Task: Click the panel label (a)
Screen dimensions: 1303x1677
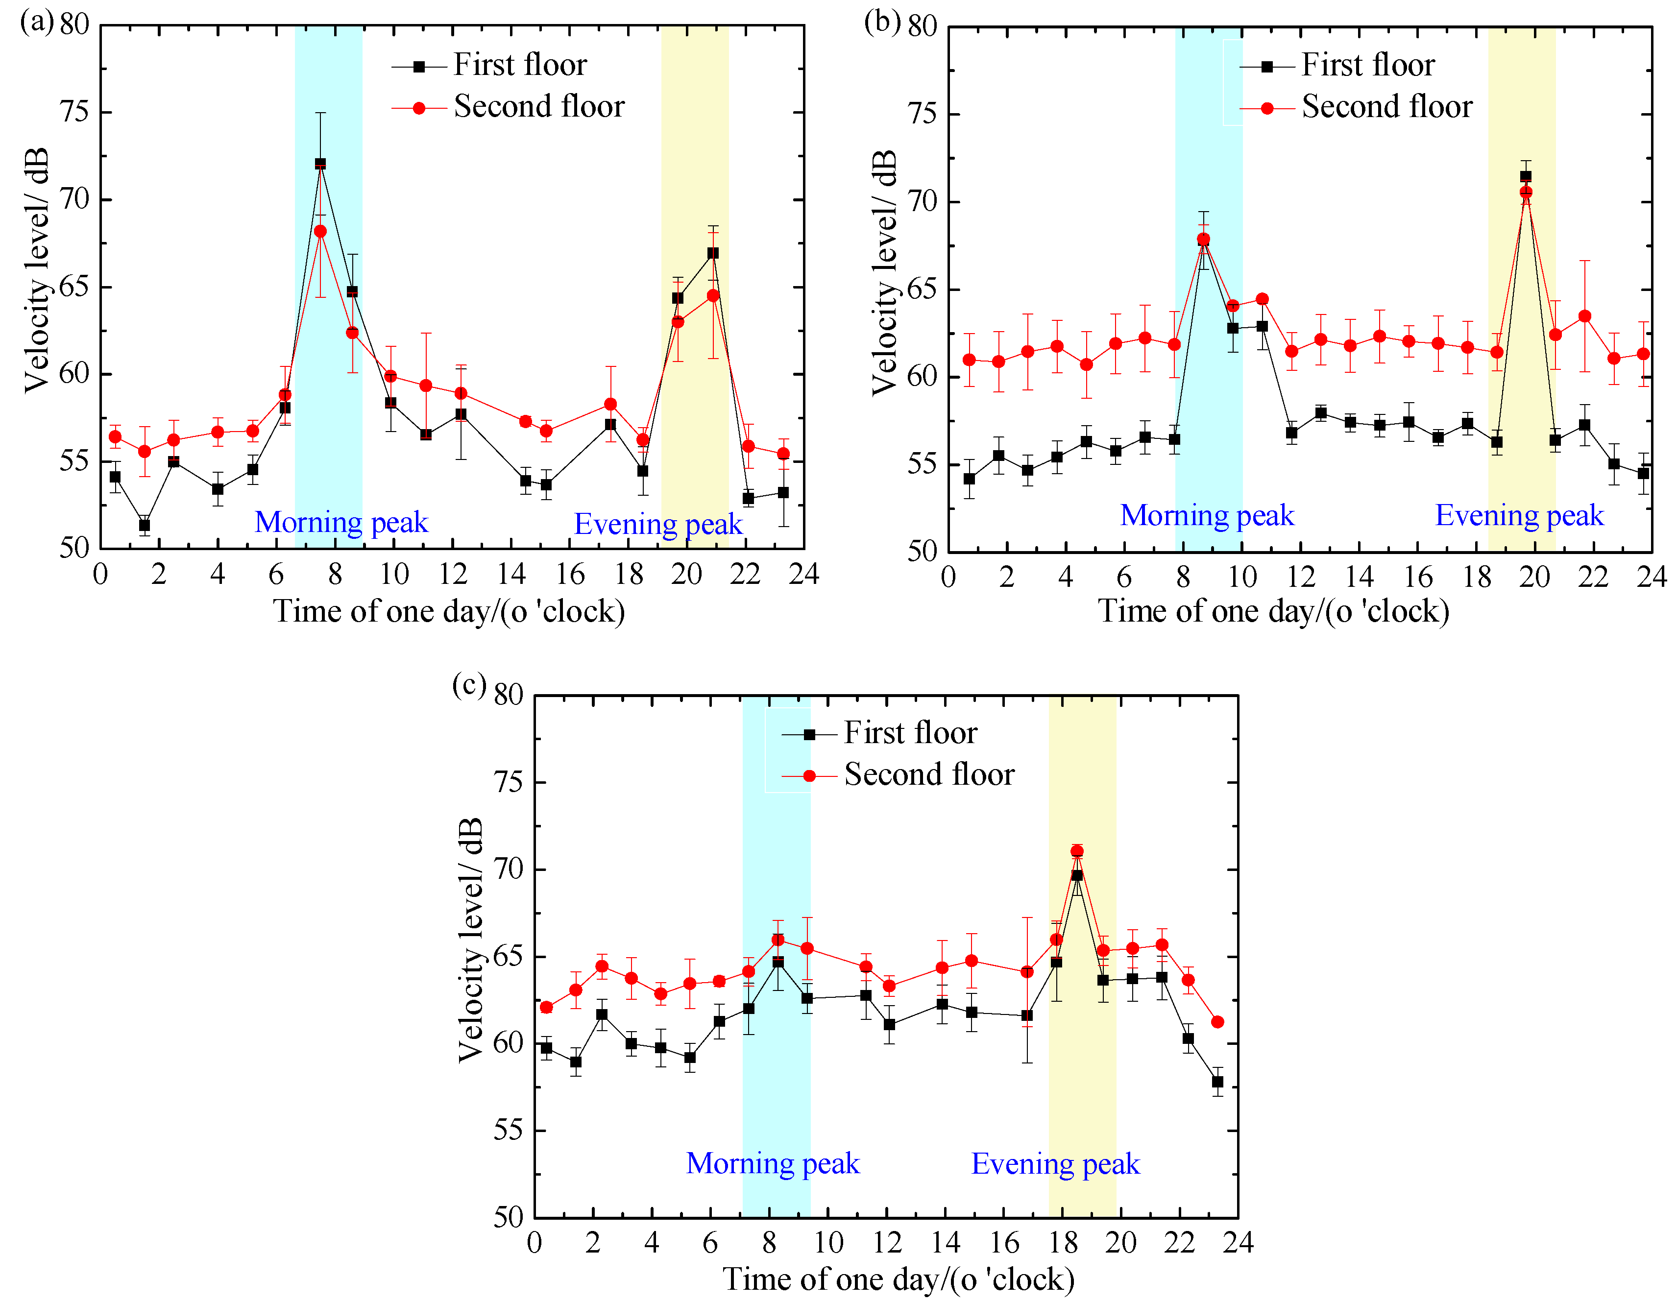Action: (x=36, y=22)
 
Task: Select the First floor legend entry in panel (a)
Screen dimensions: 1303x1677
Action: (x=519, y=65)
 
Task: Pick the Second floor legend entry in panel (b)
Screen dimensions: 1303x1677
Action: (x=1386, y=107)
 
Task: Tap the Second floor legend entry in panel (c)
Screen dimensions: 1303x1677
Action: (x=928, y=775)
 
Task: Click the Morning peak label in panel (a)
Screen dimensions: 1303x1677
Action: (x=341, y=523)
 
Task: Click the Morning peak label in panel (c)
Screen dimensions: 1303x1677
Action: (x=773, y=1163)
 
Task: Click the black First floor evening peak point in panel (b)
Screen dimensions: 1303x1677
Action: (x=1525, y=176)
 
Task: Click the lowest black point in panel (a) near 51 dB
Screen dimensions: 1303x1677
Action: (x=145, y=525)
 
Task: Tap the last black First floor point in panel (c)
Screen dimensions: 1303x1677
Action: (x=1217, y=1082)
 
